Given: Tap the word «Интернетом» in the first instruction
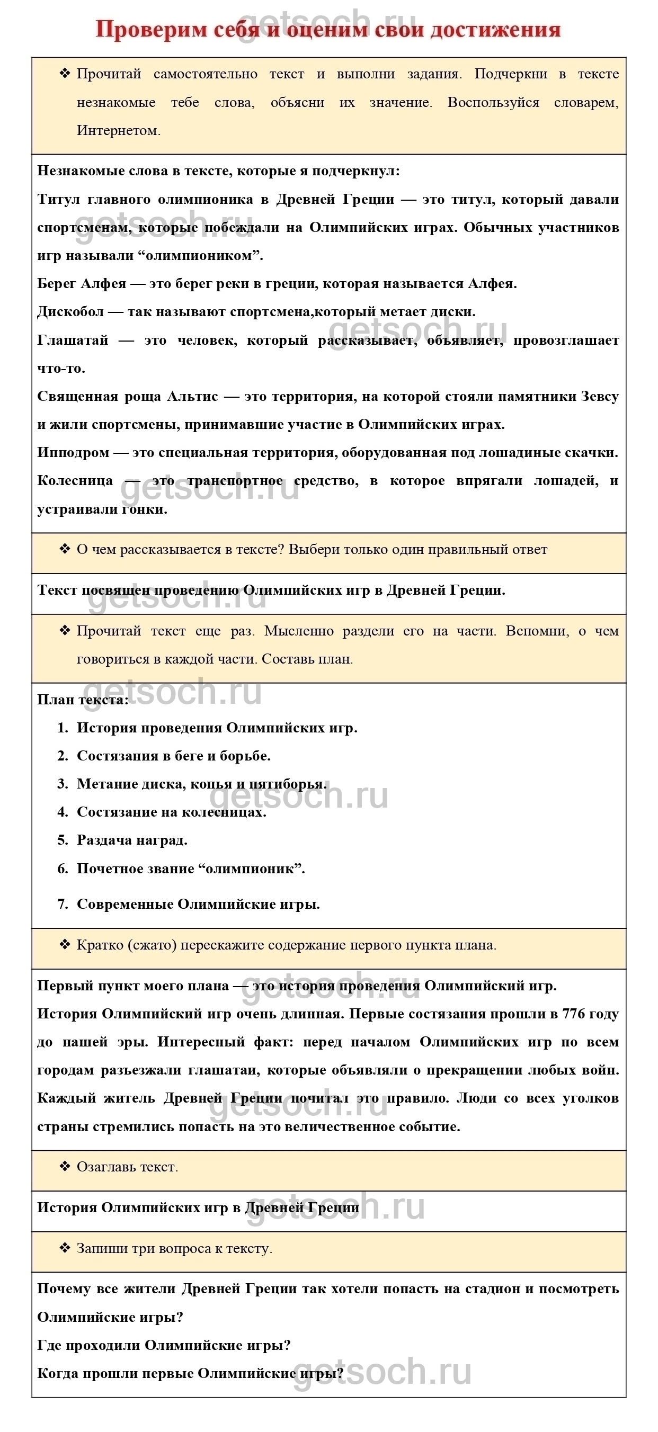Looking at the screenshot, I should (118, 131).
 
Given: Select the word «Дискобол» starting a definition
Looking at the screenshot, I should (70, 312).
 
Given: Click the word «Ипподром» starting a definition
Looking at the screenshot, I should (73, 452).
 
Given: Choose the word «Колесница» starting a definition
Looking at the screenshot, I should (75, 481).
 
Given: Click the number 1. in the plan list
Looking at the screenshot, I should (63, 728).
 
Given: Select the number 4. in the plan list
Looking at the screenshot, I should (63, 812).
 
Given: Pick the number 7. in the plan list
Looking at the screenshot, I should (63, 904).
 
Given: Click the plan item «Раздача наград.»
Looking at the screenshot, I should (132, 840).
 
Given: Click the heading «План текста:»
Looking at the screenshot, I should (83, 700).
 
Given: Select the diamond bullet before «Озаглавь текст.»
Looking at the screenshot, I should (65, 1166).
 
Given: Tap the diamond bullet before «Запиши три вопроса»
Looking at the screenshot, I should (65, 1248).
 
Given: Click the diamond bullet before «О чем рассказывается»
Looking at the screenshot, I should (65, 549).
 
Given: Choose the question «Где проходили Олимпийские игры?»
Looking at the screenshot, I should (164, 1345).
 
